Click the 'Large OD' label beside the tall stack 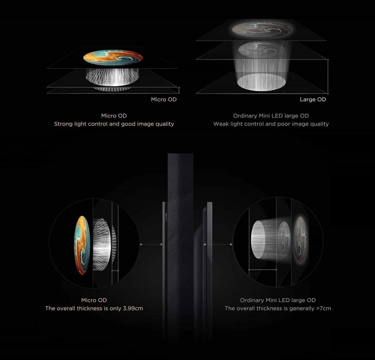click(x=313, y=99)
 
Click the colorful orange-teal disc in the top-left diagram click(x=113, y=58)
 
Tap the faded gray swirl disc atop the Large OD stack click(x=262, y=29)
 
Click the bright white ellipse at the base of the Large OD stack click(x=261, y=82)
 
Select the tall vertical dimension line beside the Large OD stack click(x=328, y=76)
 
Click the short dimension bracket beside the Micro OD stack click(x=179, y=90)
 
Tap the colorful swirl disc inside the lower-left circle click(x=82, y=245)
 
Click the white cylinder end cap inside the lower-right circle click(x=258, y=239)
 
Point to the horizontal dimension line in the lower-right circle click(x=263, y=270)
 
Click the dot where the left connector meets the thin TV click(x=161, y=244)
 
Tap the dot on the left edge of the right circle click(x=231, y=244)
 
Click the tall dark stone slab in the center click(x=180, y=246)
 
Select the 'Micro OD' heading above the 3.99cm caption click(x=94, y=300)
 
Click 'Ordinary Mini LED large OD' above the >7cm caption click(x=278, y=300)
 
